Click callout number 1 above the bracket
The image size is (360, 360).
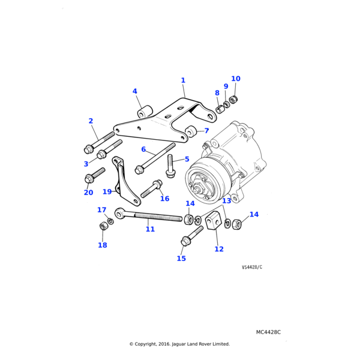(183, 80)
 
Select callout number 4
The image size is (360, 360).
(135, 92)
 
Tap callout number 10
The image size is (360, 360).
(236, 79)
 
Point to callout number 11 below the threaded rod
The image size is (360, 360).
(150, 229)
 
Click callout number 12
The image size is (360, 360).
(219, 249)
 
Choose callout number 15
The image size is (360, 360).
(181, 259)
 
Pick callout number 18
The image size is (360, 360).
(103, 245)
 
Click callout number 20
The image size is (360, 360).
(88, 193)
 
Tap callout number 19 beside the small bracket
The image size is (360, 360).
(107, 192)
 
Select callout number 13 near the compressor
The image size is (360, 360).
(227, 201)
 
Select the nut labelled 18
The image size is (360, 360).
(103, 226)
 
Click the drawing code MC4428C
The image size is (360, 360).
(268, 332)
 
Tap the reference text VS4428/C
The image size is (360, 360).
(252, 267)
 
